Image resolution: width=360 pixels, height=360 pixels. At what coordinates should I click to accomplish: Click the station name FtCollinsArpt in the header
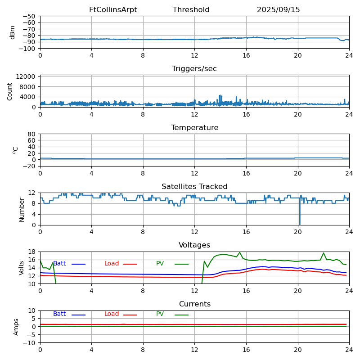pyautogui.click(x=113, y=10)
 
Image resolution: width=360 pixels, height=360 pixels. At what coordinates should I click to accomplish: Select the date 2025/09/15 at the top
pyautogui.click(x=278, y=10)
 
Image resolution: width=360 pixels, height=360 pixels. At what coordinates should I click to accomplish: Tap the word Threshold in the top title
pyautogui.click(x=191, y=10)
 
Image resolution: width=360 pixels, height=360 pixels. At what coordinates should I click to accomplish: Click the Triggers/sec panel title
pyautogui.click(x=194, y=69)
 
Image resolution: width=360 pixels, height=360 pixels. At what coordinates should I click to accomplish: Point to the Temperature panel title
pyautogui.click(x=194, y=128)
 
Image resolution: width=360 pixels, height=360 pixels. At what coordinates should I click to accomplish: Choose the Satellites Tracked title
pyautogui.click(x=194, y=187)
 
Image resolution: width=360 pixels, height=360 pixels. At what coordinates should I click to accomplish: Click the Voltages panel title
pyautogui.click(x=194, y=245)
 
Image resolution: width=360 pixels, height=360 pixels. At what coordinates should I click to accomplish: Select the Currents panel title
pyautogui.click(x=194, y=304)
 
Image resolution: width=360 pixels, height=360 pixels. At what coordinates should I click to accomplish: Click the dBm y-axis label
pyautogui.click(x=13, y=32)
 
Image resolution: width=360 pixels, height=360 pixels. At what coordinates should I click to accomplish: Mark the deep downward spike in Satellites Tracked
pyautogui.click(x=300, y=220)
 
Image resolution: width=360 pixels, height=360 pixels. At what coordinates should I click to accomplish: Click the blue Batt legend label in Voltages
pyautogui.click(x=59, y=264)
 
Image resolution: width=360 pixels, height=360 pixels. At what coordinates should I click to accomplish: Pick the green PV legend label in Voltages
pyautogui.click(x=161, y=264)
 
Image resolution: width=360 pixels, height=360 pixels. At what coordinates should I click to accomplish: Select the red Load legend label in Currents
pyautogui.click(x=112, y=314)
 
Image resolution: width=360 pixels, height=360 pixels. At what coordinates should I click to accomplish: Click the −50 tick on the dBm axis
pyautogui.click(x=29, y=16)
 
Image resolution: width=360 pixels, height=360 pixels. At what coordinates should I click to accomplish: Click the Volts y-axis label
pyautogui.click(x=22, y=268)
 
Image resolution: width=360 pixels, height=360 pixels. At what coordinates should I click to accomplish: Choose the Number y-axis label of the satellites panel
pyautogui.click(x=22, y=209)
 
